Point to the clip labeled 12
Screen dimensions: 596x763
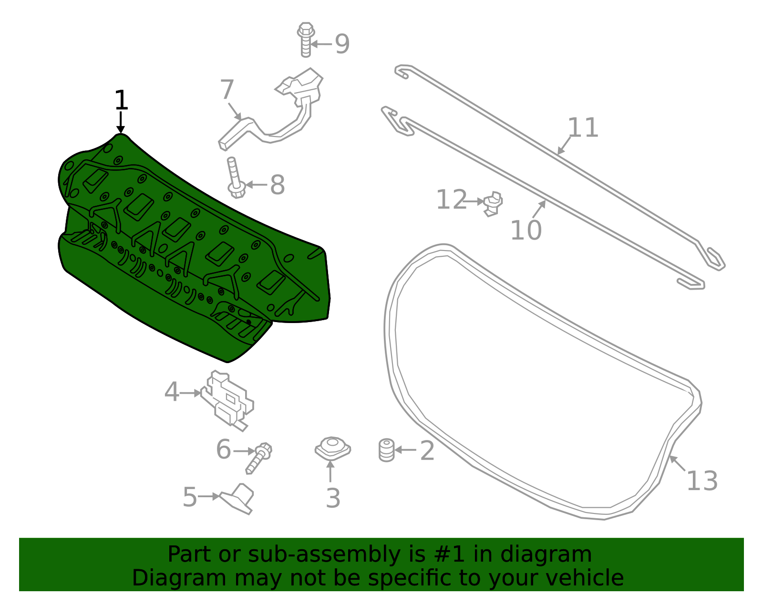coord(493,203)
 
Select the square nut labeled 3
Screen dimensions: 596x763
coord(333,449)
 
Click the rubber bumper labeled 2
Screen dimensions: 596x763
coord(387,450)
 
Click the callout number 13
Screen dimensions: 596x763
coord(701,481)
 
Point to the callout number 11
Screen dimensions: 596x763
coord(583,127)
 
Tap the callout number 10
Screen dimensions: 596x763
coord(526,230)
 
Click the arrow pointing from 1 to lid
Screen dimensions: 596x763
coord(121,122)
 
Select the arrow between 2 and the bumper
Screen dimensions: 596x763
coord(405,450)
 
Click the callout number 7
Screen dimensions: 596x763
coord(227,90)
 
